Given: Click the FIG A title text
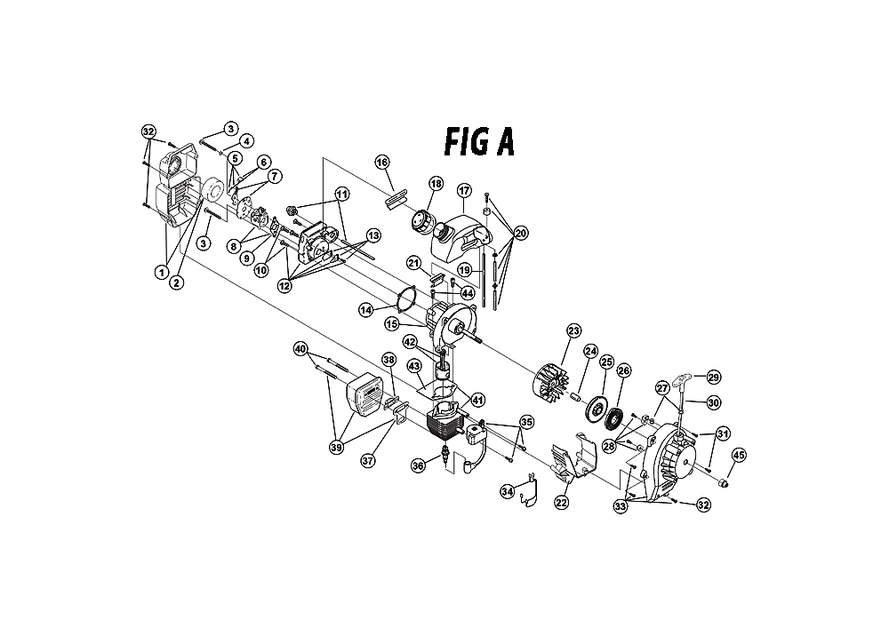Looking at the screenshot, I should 478,142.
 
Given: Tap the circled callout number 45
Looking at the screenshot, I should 740,456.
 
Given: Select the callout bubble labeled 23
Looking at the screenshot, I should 573,330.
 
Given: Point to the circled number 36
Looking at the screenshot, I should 418,464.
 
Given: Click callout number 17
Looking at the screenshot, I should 463,190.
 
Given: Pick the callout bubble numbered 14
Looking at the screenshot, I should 365,309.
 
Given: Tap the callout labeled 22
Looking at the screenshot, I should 561,503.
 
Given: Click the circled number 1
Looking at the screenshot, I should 162,272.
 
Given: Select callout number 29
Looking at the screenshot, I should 713,378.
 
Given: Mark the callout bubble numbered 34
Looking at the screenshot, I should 508,490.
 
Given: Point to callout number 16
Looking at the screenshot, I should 382,163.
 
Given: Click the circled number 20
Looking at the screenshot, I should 520,233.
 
